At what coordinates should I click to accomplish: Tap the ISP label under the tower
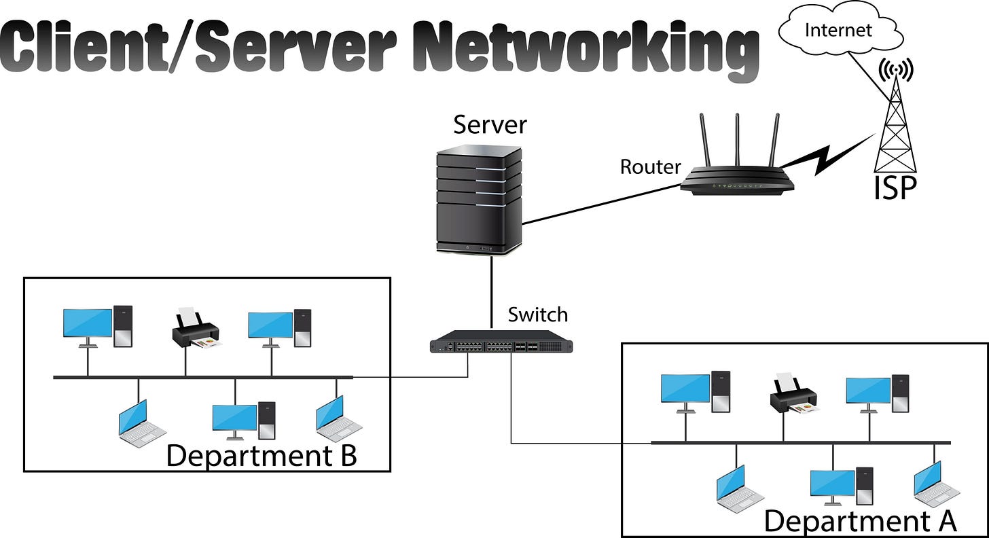tap(895, 188)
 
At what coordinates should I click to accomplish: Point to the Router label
tap(650, 166)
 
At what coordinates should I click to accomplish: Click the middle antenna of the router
tap(737, 139)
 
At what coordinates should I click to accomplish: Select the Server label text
tap(490, 125)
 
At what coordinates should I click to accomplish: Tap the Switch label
tap(537, 315)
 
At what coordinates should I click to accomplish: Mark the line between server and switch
tap(490, 292)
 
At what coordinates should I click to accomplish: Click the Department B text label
tap(262, 455)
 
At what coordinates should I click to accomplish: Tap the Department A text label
tap(860, 521)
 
